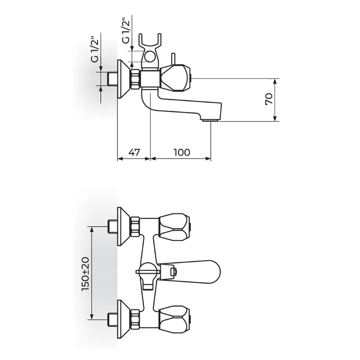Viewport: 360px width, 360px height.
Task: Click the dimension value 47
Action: pyautogui.click(x=134, y=152)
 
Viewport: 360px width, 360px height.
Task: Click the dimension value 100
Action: pyautogui.click(x=182, y=152)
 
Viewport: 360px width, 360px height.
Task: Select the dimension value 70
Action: pyautogui.click(x=269, y=99)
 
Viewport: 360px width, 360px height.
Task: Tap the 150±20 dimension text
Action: pyautogui.click(x=85, y=274)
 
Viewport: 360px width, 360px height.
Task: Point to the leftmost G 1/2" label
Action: pyautogui.click(x=95, y=49)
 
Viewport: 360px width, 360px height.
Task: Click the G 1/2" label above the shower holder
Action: pyautogui.click(x=126, y=31)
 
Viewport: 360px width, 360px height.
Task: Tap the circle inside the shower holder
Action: pyautogui.click(x=150, y=57)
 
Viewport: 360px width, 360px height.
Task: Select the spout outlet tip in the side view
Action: pyautogui.click(x=210, y=119)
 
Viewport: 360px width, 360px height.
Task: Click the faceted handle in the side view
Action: pyautogui.click(x=175, y=78)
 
